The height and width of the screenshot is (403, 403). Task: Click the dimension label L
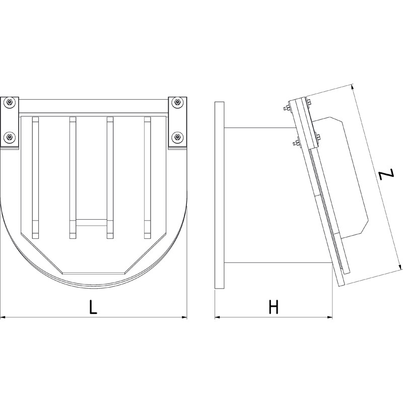tap(93, 307)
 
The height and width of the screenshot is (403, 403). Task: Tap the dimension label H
tap(274, 307)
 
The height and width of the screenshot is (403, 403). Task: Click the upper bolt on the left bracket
tap(10, 103)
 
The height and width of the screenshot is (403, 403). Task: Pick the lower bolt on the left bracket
tap(10, 137)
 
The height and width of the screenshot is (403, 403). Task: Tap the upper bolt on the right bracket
tap(177, 103)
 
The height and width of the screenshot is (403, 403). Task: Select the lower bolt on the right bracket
tap(177, 137)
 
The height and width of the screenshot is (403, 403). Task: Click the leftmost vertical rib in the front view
tap(35, 176)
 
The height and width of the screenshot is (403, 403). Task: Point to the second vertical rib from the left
tap(73, 176)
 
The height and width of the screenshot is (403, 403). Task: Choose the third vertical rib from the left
tap(110, 176)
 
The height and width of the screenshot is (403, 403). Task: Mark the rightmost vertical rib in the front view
tap(147, 176)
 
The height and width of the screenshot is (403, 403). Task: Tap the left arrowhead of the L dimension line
tap(3, 317)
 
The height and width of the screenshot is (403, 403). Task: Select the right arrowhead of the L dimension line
tap(184, 317)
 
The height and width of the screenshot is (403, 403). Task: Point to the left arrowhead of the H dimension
tap(218, 317)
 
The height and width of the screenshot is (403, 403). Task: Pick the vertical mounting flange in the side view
tap(220, 195)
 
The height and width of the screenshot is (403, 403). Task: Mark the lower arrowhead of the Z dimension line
tap(400, 266)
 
